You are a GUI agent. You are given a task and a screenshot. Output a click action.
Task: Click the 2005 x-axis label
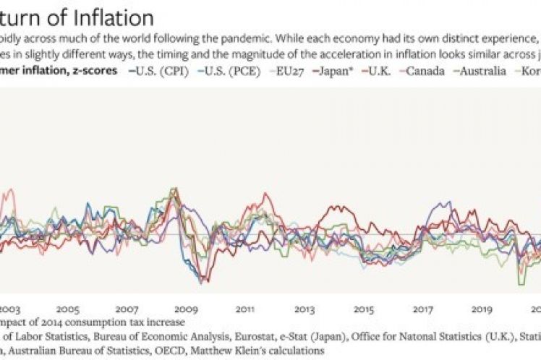click(x=67, y=307)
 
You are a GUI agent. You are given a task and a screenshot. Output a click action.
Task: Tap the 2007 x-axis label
click(x=127, y=307)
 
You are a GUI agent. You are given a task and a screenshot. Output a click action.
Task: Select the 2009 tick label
click(x=186, y=307)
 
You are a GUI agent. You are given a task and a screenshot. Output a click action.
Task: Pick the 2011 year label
click(x=245, y=307)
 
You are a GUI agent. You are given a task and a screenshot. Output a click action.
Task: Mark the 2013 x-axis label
click(x=304, y=307)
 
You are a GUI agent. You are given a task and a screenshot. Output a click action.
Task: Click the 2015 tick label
click(x=364, y=307)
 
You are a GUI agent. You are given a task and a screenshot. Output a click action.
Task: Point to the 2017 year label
click(x=423, y=307)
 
